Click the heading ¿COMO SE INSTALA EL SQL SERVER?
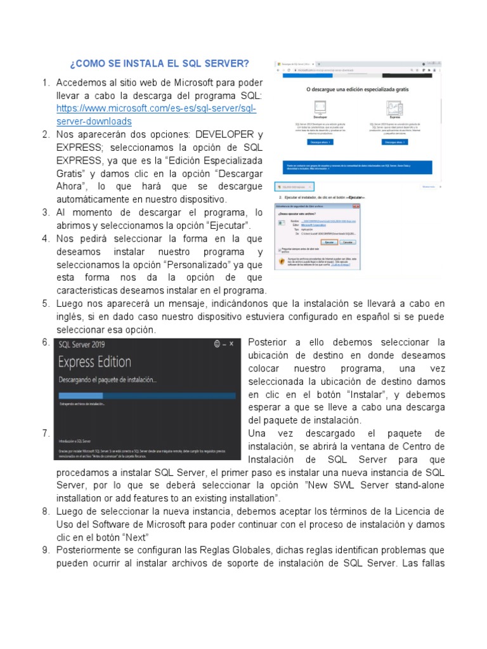click(159, 64)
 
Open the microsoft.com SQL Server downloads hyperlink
click(156, 108)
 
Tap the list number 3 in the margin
click(46, 212)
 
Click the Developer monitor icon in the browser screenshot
click(320, 106)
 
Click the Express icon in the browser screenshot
click(394, 106)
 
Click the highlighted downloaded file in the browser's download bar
click(294, 186)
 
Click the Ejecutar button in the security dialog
click(328, 242)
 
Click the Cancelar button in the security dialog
click(348, 242)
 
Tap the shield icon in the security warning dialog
click(281, 260)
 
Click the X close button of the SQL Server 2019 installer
click(232, 344)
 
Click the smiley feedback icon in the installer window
click(217, 344)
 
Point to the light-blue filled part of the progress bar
click(75, 394)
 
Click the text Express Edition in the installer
click(94, 363)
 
